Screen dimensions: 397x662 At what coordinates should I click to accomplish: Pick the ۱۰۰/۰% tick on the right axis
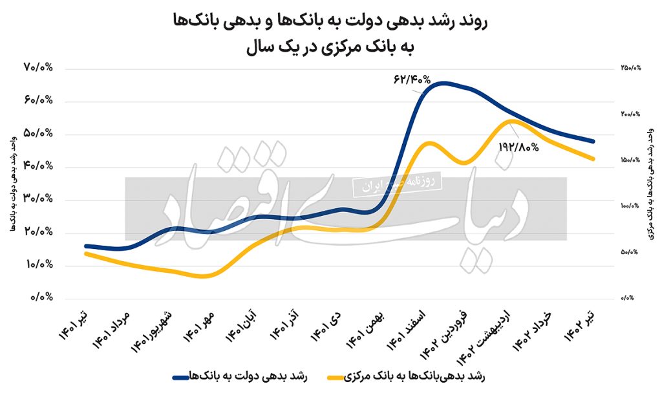628,206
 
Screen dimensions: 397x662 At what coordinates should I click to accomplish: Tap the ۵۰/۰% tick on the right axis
629,252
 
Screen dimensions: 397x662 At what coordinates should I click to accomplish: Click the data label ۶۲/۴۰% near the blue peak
411,80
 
